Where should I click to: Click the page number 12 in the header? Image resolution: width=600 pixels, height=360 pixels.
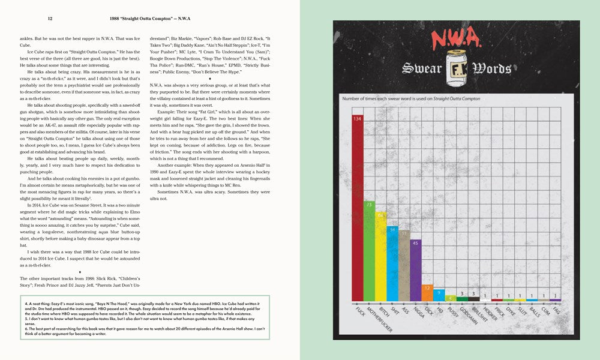tap(50, 19)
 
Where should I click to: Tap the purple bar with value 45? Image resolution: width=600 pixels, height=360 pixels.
tap(415, 270)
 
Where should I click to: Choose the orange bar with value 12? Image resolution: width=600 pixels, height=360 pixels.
tap(427, 292)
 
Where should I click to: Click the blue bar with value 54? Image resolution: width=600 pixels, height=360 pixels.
tap(392, 264)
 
